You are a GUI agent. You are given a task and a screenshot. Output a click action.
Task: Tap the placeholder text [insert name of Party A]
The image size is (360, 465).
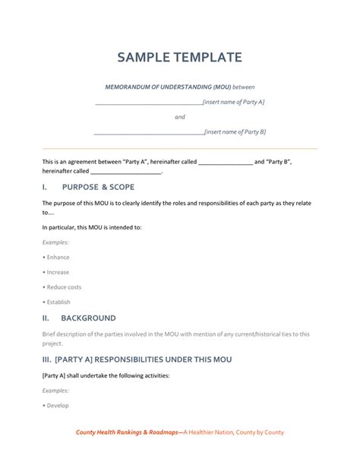coord(234,102)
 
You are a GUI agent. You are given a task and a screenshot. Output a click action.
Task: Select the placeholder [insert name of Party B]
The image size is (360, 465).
coord(235,131)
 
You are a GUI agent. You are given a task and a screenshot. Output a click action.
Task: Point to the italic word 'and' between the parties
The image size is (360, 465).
coord(180,117)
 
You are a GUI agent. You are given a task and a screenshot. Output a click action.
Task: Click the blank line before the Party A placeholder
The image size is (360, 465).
coord(148,103)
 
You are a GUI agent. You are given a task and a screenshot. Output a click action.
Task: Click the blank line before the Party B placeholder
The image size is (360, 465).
coord(149,132)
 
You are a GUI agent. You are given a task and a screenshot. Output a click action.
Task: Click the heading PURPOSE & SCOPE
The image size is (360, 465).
coord(98,186)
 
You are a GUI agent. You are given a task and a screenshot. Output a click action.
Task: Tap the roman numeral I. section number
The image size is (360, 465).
coord(46,186)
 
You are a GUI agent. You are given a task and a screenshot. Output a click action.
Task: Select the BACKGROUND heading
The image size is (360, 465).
coord(89,318)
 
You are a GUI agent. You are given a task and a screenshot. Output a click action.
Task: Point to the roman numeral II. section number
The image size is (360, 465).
coord(47,318)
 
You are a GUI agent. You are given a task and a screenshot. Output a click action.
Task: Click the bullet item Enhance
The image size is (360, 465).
coord(58,257)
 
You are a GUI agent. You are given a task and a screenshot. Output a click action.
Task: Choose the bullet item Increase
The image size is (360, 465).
coord(58,272)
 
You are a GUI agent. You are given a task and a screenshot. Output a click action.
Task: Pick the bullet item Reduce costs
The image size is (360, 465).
coord(64,287)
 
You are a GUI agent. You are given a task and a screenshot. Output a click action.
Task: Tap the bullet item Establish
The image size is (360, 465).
coord(58,302)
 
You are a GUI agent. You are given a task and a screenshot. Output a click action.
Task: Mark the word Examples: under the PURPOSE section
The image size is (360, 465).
coord(55,242)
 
